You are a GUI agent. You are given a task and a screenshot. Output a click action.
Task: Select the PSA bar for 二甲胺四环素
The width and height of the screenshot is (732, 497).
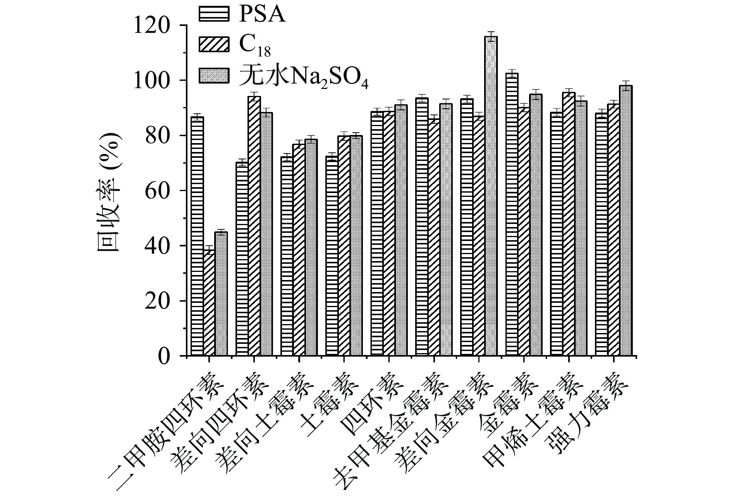point(197,236)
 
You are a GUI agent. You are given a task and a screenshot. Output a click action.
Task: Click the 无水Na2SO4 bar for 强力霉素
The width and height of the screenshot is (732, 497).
point(626,220)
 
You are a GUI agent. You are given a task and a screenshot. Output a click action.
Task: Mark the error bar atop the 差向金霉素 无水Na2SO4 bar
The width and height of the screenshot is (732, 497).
point(491,36)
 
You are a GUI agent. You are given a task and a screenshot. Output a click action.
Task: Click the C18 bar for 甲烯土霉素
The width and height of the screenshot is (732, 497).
point(569,224)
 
